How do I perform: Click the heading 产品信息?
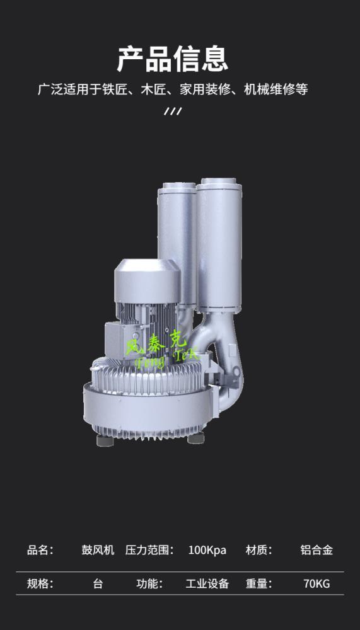(x=173, y=59)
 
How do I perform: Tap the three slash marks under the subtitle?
(x=173, y=111)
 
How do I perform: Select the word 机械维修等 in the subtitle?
(x=276, y=89)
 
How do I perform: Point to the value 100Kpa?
(x=207, y=550)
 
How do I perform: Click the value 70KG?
(x=316, y=583)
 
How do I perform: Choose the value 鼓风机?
(x=98, y=550)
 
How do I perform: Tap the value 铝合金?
(x=316, y=550)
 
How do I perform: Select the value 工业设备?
(x=207, y=583)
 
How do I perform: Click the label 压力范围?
(x=149, y=550)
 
